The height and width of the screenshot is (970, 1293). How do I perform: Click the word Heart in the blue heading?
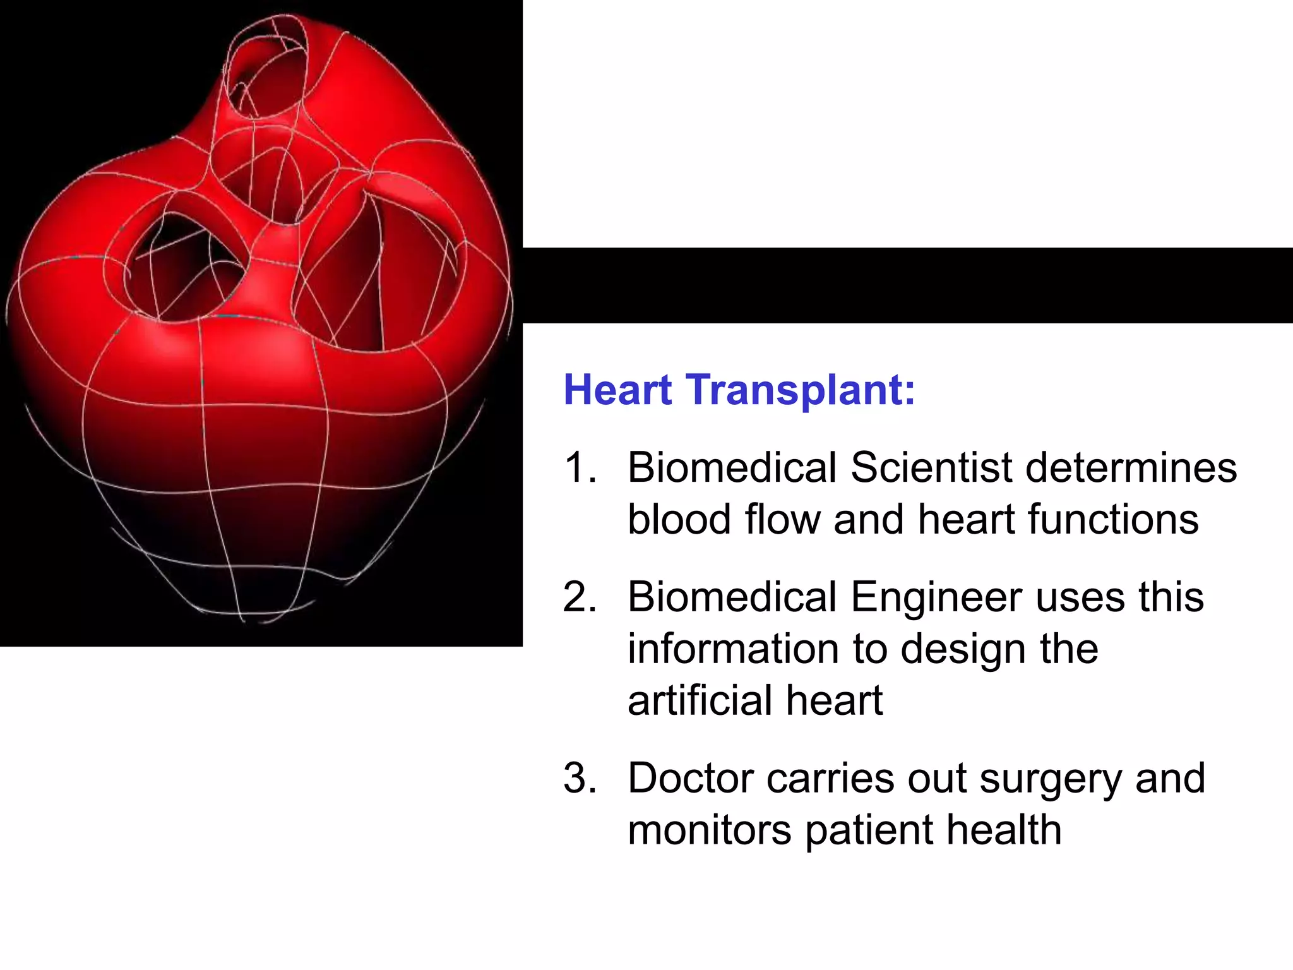point(617,390)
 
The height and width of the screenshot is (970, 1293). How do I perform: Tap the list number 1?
point(580,468)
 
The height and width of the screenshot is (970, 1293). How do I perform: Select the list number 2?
point(580,597)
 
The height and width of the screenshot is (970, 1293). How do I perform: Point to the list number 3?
point(580,778)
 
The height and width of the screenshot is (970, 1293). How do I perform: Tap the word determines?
point(1131,468)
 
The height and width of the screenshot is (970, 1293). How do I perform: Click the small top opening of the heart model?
point(268,69)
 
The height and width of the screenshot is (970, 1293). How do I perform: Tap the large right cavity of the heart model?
point(379,272)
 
